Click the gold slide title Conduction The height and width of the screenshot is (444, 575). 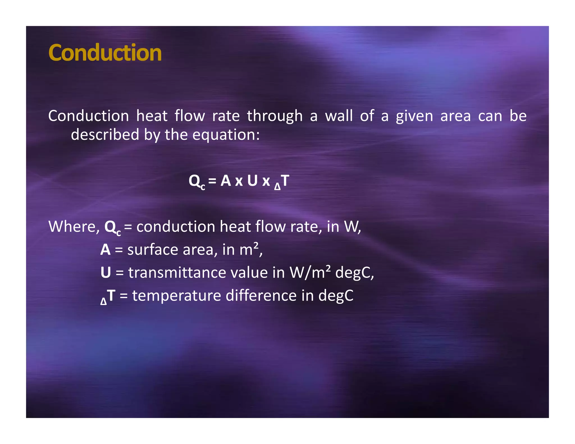pos(105,53)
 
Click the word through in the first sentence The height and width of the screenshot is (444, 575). pos(275,116)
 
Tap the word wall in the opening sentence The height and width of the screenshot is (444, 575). pos(339,116)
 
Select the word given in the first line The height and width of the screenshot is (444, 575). pos(414,116)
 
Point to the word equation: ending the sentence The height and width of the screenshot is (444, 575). pos(226,135)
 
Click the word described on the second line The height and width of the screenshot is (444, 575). pos(105,134)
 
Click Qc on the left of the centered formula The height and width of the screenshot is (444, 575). pos(196,181)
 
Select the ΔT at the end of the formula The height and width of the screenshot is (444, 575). pos(282,181)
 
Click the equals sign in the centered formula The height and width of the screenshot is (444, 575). pos(212,181)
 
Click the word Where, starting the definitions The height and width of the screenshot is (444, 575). pos(74,226)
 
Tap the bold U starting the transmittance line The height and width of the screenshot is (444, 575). pos(106,273)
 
